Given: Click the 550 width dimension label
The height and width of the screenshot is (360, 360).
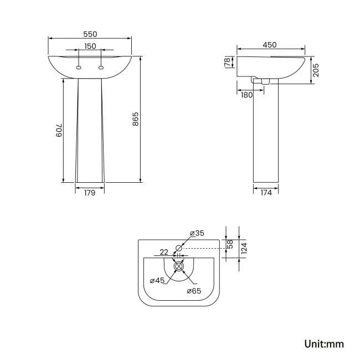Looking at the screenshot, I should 90,33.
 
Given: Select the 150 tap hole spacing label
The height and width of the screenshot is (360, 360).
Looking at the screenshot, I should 90,46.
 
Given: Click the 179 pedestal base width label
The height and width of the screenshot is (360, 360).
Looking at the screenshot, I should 90,193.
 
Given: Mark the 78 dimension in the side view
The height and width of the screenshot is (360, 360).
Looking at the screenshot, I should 227,63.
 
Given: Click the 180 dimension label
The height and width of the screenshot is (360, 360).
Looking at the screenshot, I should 247,95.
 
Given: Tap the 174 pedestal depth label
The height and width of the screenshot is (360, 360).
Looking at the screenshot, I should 266,193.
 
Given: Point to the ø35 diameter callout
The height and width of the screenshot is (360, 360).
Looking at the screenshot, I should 197,233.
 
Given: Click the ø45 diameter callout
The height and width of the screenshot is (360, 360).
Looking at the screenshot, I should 158,280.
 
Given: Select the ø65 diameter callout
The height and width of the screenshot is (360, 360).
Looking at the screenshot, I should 193,291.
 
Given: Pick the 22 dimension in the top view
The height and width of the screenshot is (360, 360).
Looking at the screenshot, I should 164,252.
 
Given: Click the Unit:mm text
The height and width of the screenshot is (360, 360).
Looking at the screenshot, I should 324,344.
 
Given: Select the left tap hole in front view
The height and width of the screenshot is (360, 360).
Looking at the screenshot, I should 79,68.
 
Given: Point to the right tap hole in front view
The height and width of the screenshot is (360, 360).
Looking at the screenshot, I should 101,68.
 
